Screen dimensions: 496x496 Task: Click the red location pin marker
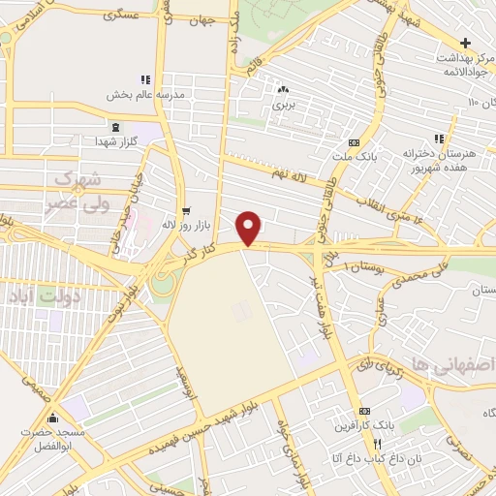click(x=250, y=228)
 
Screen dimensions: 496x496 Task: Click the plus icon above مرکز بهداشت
click(x=466, y=44)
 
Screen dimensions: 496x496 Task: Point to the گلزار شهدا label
click(x=116, y=142)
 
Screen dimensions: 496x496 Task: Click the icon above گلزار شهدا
click(x=116, y=128)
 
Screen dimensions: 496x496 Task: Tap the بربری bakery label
click(x=283, y=102)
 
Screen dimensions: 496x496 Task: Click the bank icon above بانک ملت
click(x=366, y=141)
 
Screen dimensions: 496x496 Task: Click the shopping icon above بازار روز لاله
click(x=185, y=209)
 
